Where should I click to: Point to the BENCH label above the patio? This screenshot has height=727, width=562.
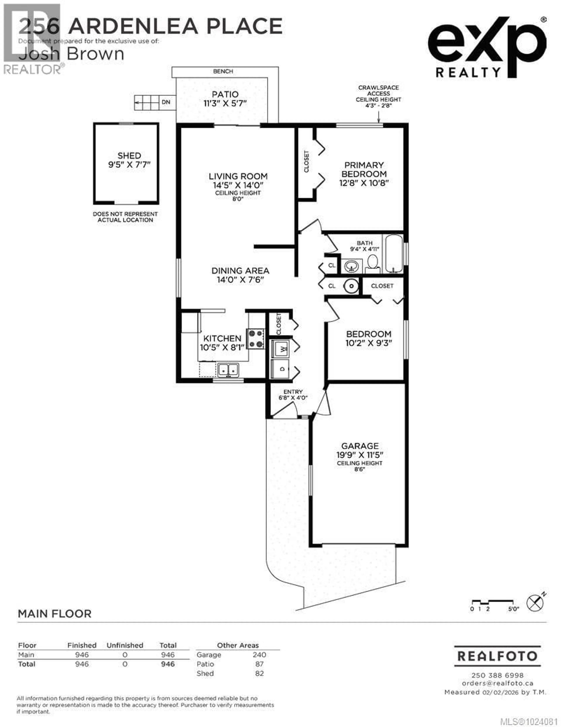point(223,71)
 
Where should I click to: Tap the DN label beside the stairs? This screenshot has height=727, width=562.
point(166,102)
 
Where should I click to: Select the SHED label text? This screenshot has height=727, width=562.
point(129,155)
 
